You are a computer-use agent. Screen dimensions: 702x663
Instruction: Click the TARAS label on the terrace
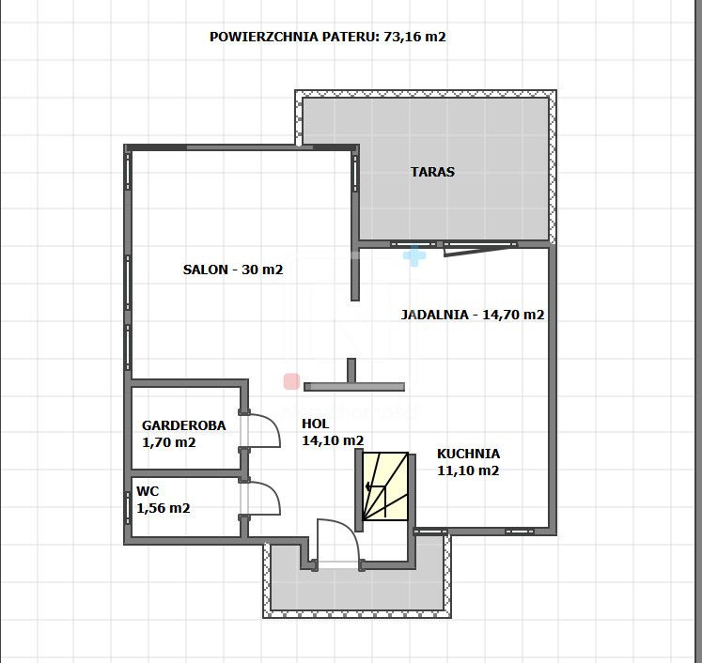click(432, 172)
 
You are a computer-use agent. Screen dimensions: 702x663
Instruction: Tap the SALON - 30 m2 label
click(233, 270)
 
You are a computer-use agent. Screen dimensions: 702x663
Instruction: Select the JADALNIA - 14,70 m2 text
click(473, 315)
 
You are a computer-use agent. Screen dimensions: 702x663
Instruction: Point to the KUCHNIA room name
click(468, 454)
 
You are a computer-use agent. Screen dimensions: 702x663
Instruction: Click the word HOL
click(315, 424)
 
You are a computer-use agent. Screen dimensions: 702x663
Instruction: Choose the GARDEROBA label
click(183, 425)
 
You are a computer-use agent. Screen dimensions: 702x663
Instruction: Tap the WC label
click(148, 491)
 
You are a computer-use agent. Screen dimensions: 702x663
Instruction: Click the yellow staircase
click(385, 486)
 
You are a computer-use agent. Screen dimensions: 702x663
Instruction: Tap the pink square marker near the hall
click(291, 381)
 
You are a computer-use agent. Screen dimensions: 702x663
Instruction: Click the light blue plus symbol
click(414, 255)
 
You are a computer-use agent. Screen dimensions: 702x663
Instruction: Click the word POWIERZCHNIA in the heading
click(264, 37)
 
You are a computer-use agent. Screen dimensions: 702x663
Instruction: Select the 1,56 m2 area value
click(164, 508)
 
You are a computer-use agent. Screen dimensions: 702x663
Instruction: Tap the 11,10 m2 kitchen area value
click(468, 470)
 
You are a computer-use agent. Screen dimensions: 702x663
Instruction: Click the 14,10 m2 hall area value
click(333, 440)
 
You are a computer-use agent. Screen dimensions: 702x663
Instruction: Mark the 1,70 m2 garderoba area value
click(169, 442)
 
